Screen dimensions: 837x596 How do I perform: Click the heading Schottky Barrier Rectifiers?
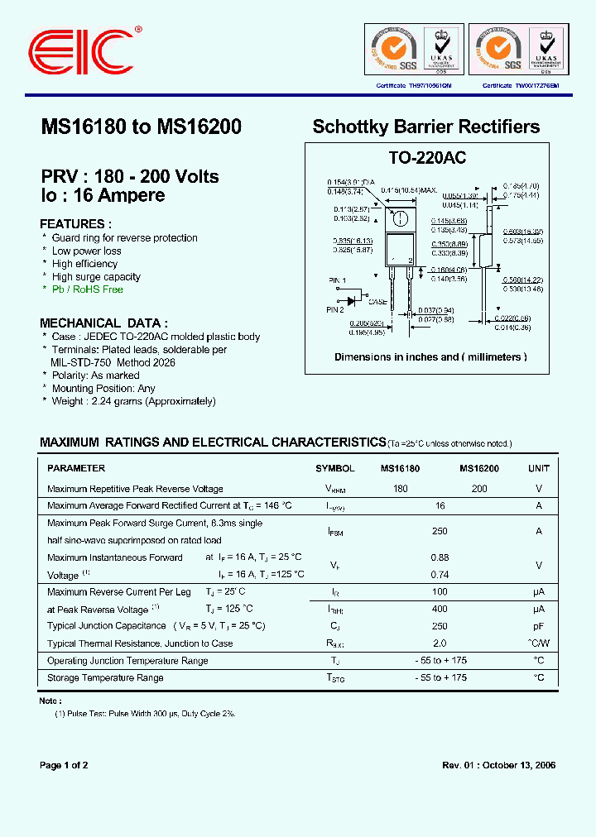pos(425,127)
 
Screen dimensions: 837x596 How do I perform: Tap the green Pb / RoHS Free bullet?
pos(87,289)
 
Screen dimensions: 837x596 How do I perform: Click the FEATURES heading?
pos(75,224)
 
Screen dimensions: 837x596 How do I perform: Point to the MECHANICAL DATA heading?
pos(103,323)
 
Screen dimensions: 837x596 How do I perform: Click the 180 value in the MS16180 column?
pos(401,489)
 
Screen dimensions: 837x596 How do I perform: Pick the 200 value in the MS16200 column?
pos(479,489)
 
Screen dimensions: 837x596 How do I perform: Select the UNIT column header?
pos(538,468)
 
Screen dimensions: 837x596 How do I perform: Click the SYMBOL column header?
pos(334,468)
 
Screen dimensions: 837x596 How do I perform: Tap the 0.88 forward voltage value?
pos(440,557)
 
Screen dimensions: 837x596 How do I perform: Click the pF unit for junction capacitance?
pos(538,626)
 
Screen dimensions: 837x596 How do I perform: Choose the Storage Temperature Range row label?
pos(105,677)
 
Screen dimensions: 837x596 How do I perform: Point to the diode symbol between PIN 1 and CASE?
pos(353,300)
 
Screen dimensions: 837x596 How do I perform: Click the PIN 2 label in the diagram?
pos(335,309)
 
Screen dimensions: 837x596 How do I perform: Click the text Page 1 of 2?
pos(64,765)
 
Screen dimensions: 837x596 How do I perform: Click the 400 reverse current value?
pos(440,609)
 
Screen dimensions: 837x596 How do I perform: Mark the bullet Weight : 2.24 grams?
pos(133,401)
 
